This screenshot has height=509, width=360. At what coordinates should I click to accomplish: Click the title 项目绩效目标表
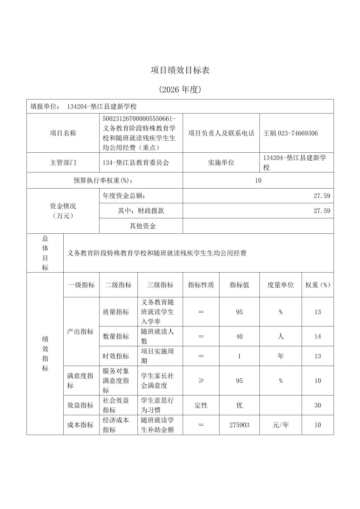pos(180,70)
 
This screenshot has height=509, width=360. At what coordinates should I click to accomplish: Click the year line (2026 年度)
pos(180,90)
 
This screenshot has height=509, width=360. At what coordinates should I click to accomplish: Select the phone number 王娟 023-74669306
pos(290,133)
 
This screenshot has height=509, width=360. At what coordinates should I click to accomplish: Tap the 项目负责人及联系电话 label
pos(221,133)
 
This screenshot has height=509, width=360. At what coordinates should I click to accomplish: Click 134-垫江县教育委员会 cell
pos(136,163)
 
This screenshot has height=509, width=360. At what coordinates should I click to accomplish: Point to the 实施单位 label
pos(221,163)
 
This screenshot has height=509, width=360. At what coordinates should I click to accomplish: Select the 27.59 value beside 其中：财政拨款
pos(322,211)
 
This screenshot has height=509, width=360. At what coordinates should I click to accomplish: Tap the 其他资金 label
pos(143,226)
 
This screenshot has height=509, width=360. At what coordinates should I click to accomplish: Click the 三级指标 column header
pos(160,285)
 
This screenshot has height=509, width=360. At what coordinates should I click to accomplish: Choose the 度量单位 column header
pos(281,285)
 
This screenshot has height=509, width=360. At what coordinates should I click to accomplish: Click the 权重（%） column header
pos(317,285)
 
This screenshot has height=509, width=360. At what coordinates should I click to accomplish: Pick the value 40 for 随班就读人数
pos(239,337)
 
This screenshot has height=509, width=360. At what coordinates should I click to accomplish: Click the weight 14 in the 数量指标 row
pos(317,337)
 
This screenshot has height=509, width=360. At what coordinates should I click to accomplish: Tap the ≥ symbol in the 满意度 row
pos(201,381)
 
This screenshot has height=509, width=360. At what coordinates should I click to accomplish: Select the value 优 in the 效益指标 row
pos(239,405)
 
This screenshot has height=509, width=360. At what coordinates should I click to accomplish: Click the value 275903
pos(239,425)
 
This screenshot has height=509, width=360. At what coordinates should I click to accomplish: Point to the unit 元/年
pos(281,425)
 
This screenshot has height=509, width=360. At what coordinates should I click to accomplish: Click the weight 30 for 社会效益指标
pos(317,405)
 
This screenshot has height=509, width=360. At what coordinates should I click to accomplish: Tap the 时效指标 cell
pos(116,356)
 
